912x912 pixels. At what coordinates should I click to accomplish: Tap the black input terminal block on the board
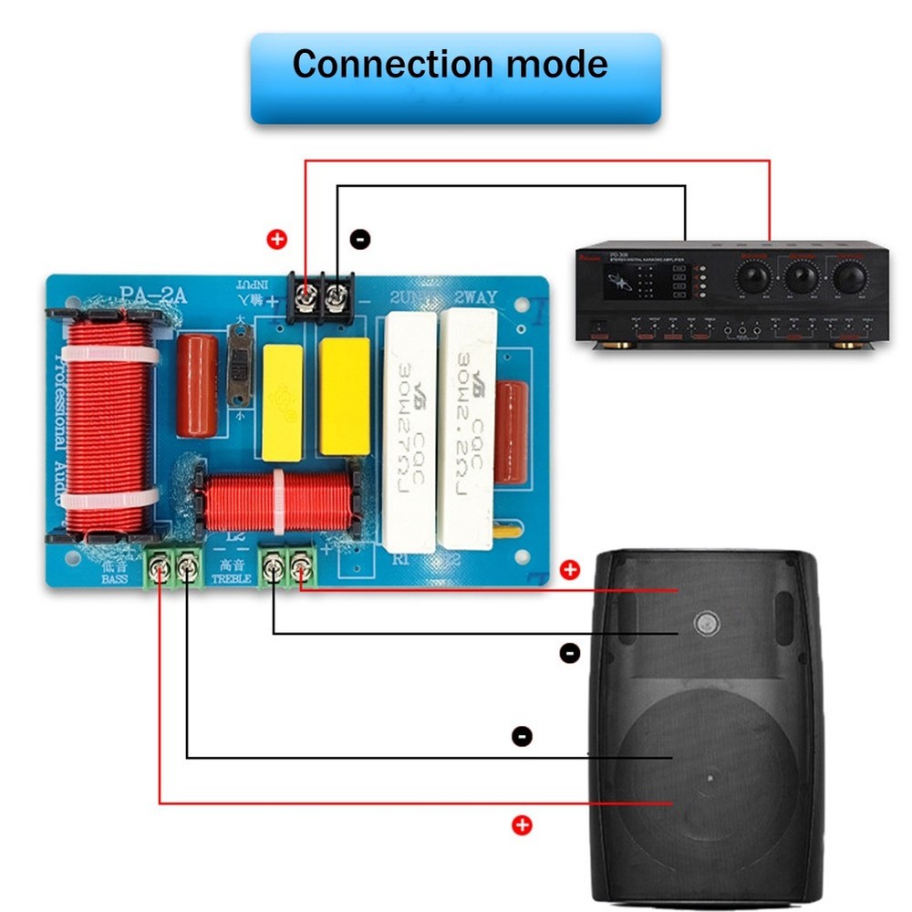click(319, 297)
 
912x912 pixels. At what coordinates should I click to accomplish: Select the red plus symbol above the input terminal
click(276, 240)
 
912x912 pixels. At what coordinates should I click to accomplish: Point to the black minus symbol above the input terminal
click(360, 240)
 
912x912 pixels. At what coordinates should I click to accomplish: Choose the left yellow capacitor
click(283, 402)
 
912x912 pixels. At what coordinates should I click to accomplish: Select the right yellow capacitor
click(345, 397)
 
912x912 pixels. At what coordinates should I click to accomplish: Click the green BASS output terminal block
click(174, 569)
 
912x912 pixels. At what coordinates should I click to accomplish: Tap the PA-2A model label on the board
click(152, 295)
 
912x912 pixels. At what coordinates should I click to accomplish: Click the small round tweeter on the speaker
click(705, 624)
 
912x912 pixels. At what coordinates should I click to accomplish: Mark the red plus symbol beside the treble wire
click(570, 571)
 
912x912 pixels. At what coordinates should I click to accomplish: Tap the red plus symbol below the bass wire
click(522, 825)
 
